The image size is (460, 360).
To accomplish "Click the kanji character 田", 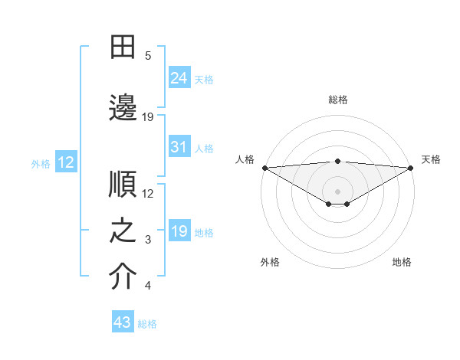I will coord(123,47).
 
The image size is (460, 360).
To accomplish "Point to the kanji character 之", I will coord(123,231).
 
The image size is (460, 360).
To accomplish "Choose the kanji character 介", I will coord(123,277).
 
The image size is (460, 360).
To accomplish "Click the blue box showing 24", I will coord(179,77).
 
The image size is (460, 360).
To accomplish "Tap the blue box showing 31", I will coord(179,147).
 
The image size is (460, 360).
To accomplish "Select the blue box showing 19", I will coord(179,231).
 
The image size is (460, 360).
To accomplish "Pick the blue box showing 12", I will coord(65,162).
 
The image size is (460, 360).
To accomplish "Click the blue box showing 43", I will coord(123,322).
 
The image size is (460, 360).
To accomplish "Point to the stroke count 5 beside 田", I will coord(148,56).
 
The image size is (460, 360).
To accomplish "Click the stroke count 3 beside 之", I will coord(148,240).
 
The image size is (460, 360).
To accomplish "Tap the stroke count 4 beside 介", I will coord(148,286).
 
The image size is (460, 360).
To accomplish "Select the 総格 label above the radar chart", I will coord(337,100).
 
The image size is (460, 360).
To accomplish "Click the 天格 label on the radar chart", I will coord(431,159).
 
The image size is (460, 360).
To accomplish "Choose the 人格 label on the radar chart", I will coord(245,159).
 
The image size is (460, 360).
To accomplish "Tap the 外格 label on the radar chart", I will coord(270,262).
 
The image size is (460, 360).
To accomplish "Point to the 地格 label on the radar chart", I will coord(402,262).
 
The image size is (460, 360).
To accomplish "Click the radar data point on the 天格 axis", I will coord(410,167).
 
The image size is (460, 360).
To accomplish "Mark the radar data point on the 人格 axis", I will coord(264,167).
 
